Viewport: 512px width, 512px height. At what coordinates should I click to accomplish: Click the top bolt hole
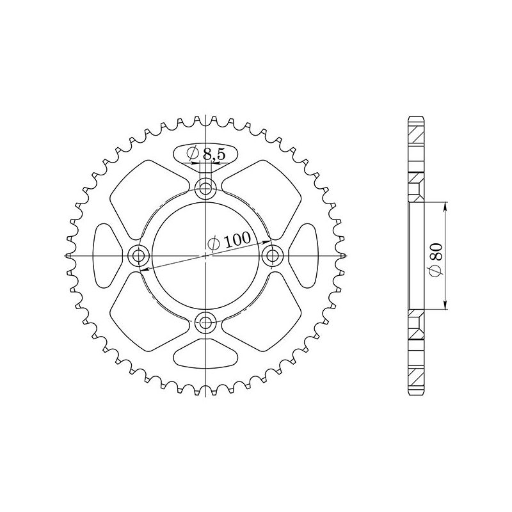tap(205, 188)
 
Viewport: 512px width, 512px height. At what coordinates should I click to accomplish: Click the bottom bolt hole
tap(205, 322)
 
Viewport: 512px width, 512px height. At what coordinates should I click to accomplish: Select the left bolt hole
tap(138, 255)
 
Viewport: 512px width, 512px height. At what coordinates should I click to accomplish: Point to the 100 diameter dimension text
tap(228, 241)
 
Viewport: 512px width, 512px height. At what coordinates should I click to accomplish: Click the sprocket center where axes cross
tap(205, 255)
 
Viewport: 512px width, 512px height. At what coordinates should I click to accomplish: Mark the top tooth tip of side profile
tap(415, 118)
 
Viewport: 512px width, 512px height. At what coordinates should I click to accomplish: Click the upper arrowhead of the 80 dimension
tap(445, 204)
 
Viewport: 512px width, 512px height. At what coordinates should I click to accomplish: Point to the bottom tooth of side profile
tap(415, 392)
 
